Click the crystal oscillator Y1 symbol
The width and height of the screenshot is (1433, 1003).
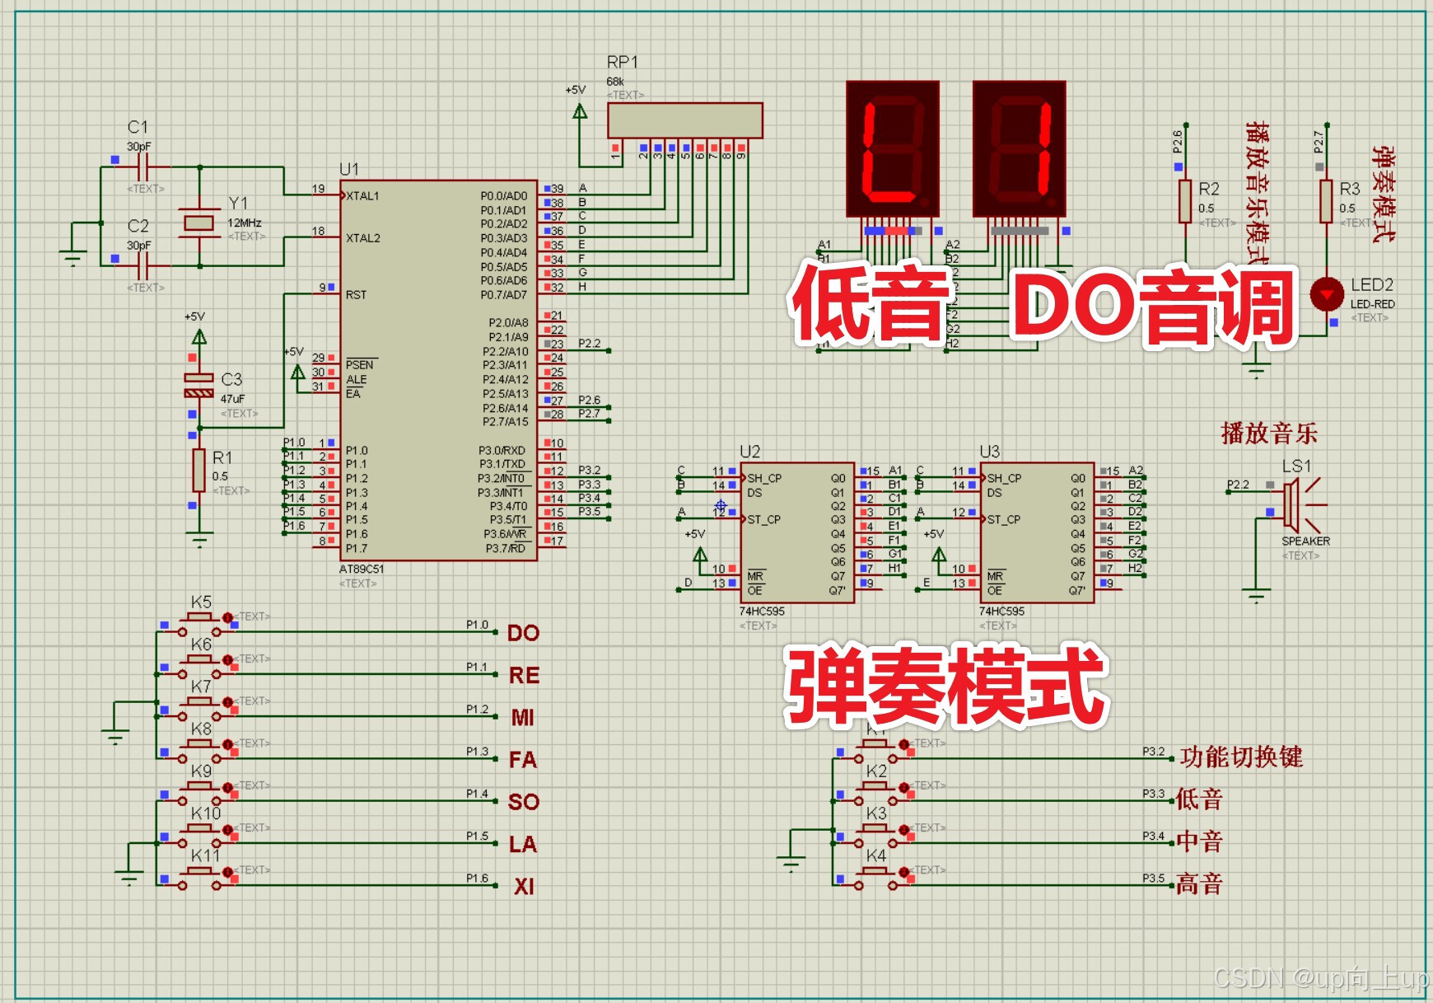[x=198, y=222]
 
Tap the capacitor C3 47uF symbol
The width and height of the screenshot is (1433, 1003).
[x=198, y=385]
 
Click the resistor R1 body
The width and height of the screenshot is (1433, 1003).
[x=198, y=470]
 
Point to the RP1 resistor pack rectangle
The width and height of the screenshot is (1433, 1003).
[x=684, y=120]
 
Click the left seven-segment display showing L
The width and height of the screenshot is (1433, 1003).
[x=893, y=148]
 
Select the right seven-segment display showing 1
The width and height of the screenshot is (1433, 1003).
[x=1019, y=148]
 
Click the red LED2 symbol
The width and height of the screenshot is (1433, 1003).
[x=1326, y=294]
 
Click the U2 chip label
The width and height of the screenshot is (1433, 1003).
[x=749, y=452]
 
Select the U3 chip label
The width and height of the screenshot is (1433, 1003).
[x=989, y=452]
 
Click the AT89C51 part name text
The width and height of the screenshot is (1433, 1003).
[x=362, y=569]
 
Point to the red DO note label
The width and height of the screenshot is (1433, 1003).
[x=523, y=633]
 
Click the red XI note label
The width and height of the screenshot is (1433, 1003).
[x=524, y=887]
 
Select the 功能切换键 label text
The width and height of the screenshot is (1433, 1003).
[x=1241, y=757]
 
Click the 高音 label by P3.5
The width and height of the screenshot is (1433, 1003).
[x=1199, y=884]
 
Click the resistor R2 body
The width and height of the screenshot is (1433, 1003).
[x=1184, y=201]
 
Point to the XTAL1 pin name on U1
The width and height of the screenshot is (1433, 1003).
[x=362, y=196]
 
